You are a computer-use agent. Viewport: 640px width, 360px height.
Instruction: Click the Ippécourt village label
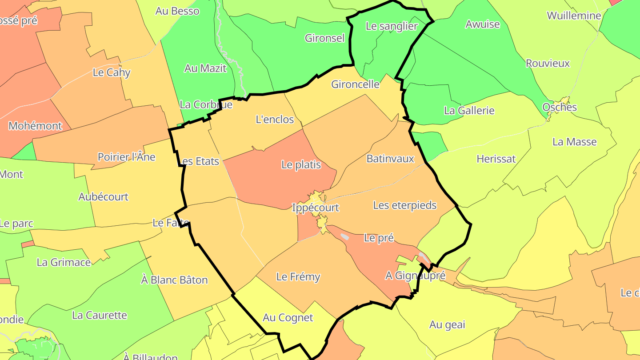point(316,208)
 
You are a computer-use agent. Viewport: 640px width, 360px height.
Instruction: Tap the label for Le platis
point(301,165)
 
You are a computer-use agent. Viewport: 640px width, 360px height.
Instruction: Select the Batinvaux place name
point(390,159)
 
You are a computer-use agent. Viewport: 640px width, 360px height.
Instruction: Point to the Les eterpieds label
point(404,205)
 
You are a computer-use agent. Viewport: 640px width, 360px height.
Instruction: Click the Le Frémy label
point(298,277)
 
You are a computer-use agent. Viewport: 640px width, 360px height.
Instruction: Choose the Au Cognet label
point(288,318)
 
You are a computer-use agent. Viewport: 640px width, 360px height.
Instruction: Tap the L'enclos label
point(275,120)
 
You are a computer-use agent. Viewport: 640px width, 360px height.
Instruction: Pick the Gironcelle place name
point(355,84)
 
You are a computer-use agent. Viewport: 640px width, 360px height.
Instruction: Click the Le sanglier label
point(392,26)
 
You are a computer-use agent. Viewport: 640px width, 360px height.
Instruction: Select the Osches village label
point(560,107)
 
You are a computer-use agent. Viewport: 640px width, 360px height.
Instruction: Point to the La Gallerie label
point(469,111)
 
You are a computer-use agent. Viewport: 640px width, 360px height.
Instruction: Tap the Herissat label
point(496,159)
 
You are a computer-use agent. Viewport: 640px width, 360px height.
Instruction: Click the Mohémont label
point(35,126)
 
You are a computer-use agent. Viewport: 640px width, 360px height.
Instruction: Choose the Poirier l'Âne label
point(126,157)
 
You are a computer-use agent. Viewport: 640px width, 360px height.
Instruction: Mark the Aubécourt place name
point(103,197)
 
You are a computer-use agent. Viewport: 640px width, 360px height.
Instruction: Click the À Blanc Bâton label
point(174,280)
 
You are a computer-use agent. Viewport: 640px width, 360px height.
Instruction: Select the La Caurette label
point(100,316)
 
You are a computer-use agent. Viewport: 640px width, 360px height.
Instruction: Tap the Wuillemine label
point(573,16)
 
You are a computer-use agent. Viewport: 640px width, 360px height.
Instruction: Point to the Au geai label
point(447,325)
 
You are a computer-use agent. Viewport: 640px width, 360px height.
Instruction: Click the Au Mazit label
point(205,68)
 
